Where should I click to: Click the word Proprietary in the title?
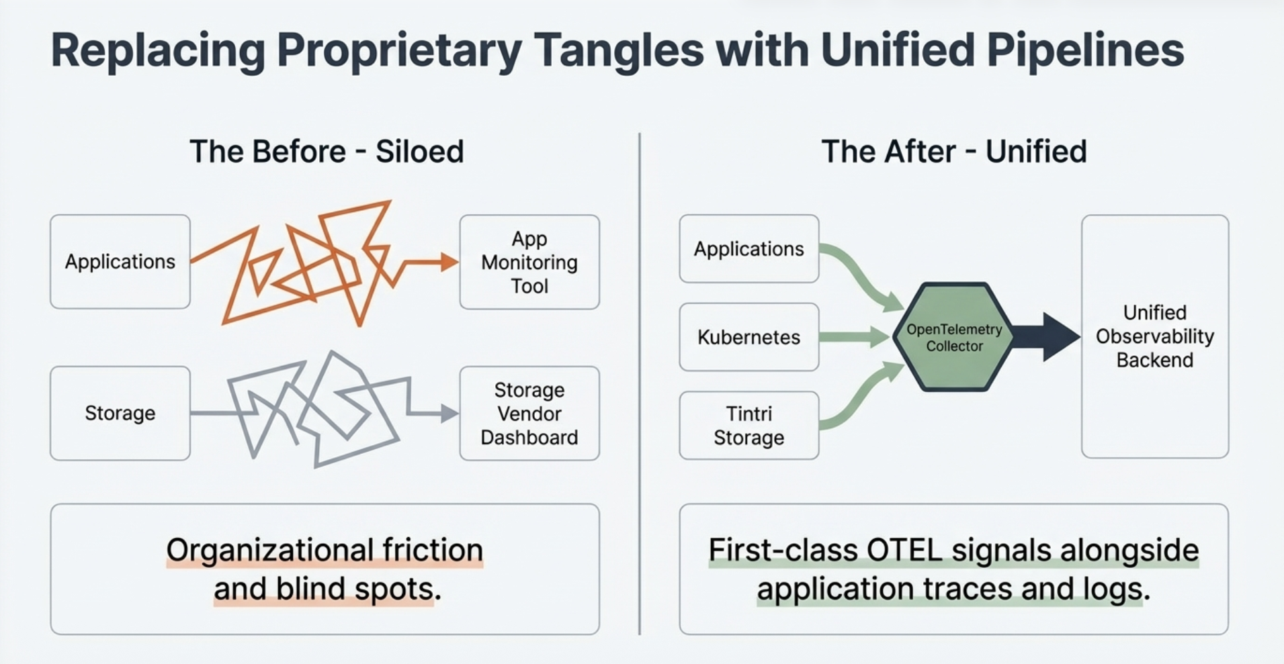pos(398,50)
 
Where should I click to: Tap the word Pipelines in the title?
pos(1080,50)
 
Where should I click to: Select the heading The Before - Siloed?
pos(327,151)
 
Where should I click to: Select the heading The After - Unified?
pos(953,151)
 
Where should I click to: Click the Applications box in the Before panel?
pos(120,262)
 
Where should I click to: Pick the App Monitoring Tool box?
pos(529,262)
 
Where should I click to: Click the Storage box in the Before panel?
pos(120,413)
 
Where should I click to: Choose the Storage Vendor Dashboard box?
pos(529,414)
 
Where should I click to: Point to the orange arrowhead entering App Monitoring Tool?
pos(449,262)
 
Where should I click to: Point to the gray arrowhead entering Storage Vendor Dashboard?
pos(449,414)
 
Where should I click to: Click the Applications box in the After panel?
pos(748,249)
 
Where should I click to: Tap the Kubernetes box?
pos(748,337)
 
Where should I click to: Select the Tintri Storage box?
pos(748,426)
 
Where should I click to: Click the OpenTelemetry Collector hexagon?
pos(953,337)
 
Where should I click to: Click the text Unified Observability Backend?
pos(1154,336)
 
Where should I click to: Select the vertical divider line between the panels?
pos(639,383)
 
